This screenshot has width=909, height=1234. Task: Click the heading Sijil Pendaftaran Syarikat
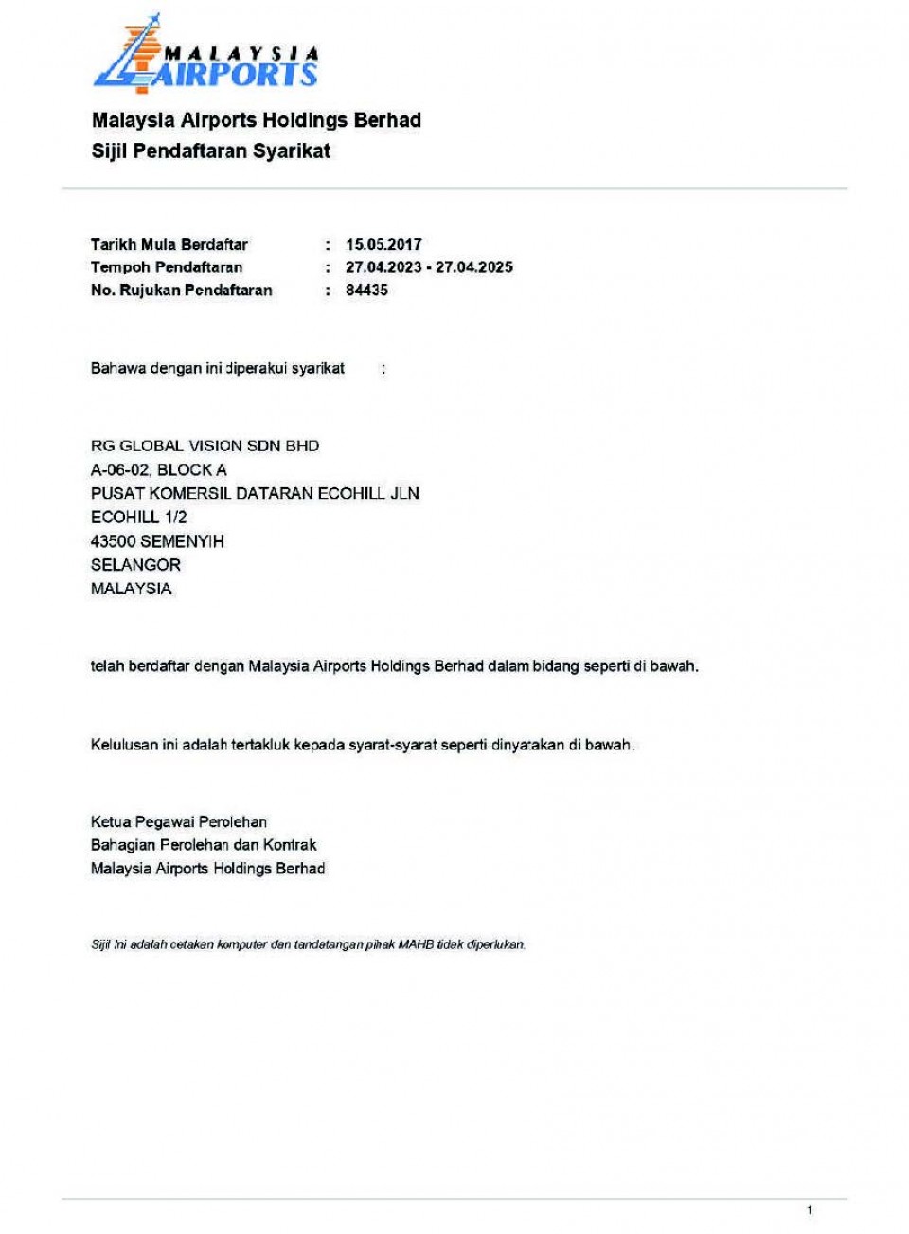(210, 150)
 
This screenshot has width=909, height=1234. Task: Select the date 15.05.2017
(383, 244)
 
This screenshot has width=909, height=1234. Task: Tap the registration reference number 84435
(366, 291)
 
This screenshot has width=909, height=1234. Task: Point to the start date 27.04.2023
(383, 267)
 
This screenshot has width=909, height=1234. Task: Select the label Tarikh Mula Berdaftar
(169, 244)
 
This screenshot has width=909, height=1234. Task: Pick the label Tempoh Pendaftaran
(167, 267)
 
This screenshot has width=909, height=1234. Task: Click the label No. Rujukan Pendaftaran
(181, 291)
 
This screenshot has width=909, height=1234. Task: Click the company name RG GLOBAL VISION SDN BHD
(205, 446)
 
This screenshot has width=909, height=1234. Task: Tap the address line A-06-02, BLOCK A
(158, 469)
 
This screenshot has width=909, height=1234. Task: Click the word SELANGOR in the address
(135, 565)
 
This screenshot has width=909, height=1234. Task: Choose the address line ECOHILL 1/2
(138, 517)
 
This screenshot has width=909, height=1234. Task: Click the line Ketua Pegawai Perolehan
(178, 821)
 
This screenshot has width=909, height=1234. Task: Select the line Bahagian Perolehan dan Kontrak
(203, 845)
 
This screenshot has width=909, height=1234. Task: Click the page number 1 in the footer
(809, 1209)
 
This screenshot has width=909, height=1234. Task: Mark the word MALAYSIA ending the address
(131, 589)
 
